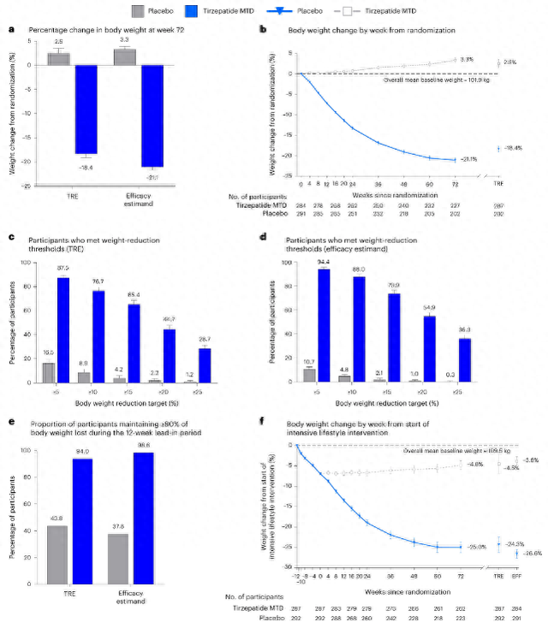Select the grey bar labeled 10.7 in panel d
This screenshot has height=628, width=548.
pos(309,375)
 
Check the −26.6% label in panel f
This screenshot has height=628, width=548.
pos(532,554)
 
